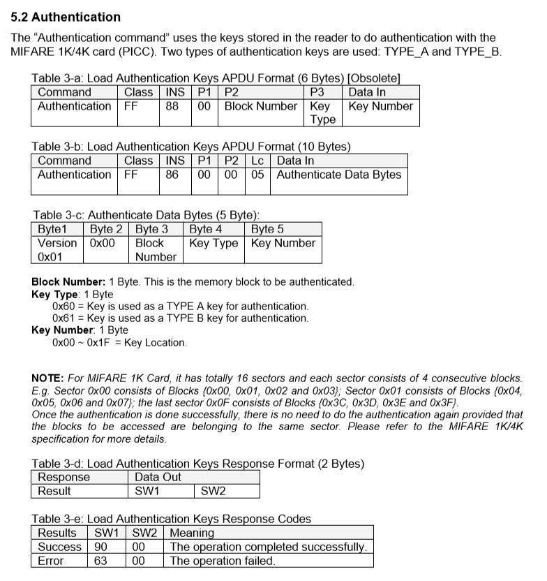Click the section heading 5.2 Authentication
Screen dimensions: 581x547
click(66, 17)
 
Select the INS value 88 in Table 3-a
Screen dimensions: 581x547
click(172, 106)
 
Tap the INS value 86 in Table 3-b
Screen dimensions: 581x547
click(172, 175)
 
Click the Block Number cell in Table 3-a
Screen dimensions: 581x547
click(260, 106)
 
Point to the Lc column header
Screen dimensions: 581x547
click(257, 161)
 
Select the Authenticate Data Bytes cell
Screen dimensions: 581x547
click(338, 175)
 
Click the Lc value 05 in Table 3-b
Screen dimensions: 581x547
click(257, 175)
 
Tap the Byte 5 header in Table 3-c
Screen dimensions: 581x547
click(267, 229)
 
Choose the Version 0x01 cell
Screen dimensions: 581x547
click(57, 249)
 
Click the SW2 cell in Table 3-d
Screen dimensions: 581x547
click(213, 491)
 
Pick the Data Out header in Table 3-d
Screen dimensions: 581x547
click(158, 477)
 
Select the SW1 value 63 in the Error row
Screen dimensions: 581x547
click(100, 561)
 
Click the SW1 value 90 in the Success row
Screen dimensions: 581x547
click(100, 547)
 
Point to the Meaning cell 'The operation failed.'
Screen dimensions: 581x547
click(223, 561)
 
